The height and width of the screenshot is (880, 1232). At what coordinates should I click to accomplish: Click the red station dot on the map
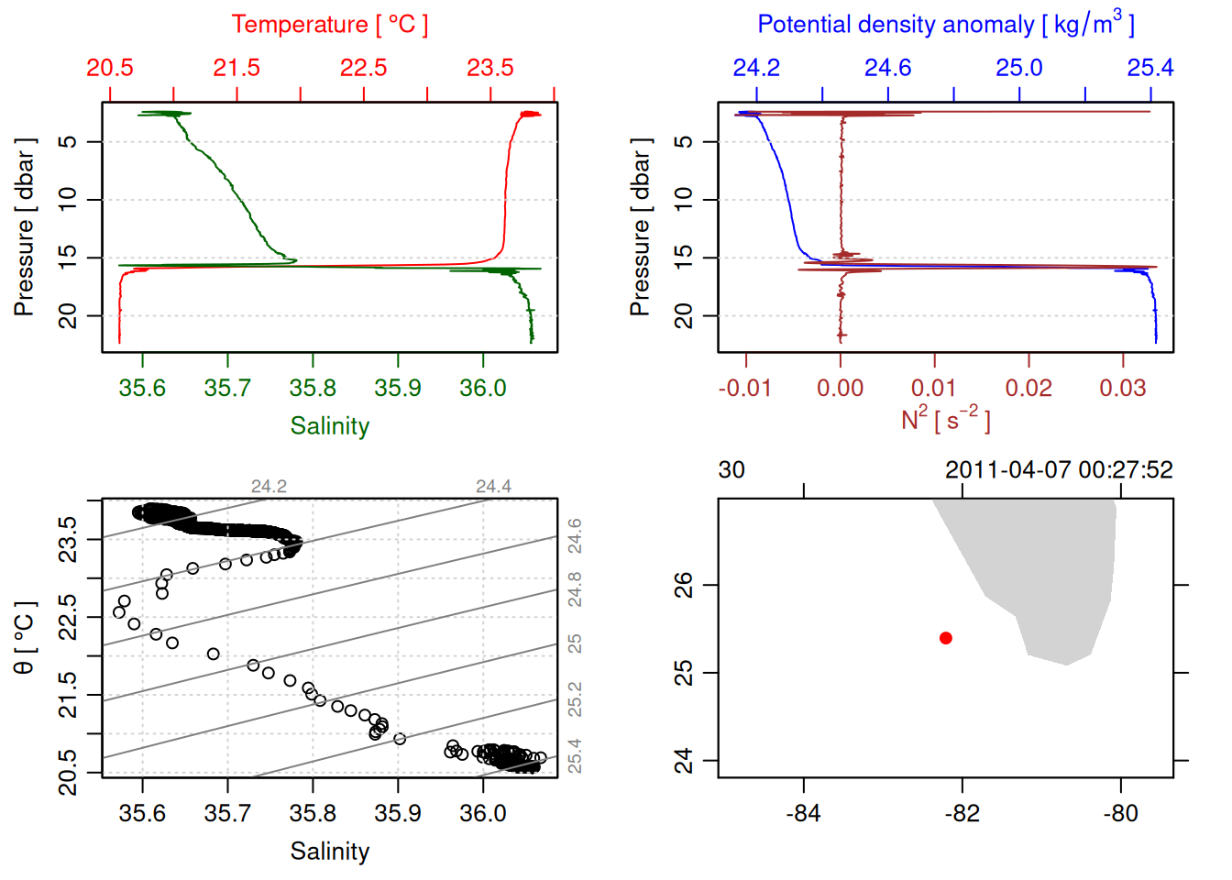pos(946,638)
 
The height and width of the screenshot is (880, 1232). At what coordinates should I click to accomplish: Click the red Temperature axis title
pos(329,25)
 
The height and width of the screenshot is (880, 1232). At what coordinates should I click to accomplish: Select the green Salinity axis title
pos(330,426)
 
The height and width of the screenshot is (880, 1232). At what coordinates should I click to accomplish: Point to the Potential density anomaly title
pos(945,25)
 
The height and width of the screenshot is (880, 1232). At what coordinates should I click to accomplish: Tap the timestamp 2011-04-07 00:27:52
pos(1059,470)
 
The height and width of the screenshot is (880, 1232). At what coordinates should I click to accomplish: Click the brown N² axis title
pos(945,419)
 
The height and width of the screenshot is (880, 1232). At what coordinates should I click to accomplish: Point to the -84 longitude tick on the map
pos(804,813)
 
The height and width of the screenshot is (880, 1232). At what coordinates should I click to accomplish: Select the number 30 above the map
pos(731,470)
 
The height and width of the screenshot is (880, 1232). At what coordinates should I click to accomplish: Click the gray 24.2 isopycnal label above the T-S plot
pos(269,487)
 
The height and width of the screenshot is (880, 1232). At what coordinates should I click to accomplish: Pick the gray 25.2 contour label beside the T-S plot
pos(575,699)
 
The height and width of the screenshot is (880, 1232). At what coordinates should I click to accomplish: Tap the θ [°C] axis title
pos(25,638)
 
